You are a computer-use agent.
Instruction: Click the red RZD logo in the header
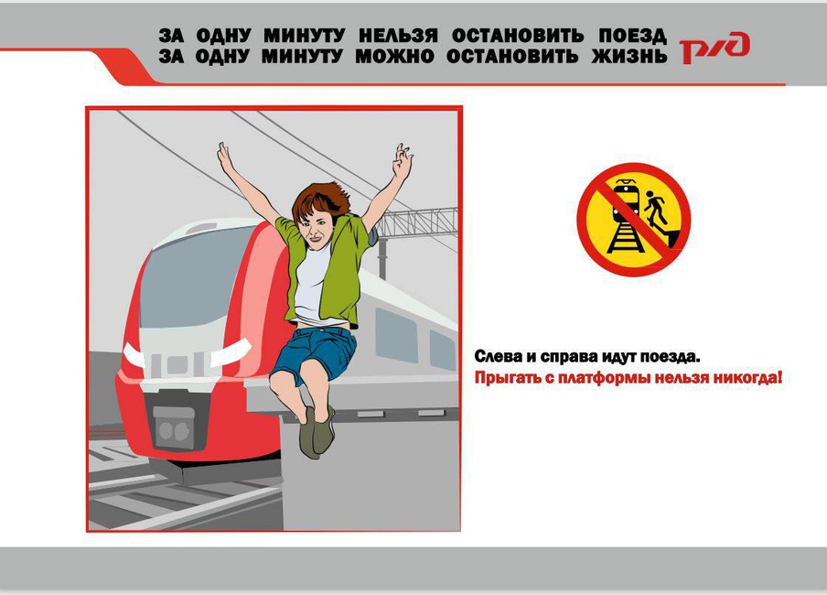point(714,48)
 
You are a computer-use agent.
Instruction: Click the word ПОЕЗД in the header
point(632,36)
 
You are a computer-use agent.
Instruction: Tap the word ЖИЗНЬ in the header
point(629,56)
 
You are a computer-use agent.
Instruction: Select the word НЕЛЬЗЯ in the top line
point(398,36)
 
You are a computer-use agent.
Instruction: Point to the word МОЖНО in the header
point(395,56)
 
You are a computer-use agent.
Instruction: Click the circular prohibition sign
point(633,219)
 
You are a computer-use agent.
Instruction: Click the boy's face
point(316,229)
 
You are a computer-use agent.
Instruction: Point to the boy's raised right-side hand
point(402,161)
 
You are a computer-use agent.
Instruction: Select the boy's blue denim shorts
point(315,352)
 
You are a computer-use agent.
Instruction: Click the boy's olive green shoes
point(316,431)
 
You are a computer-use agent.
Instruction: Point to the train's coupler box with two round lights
point(174,428)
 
